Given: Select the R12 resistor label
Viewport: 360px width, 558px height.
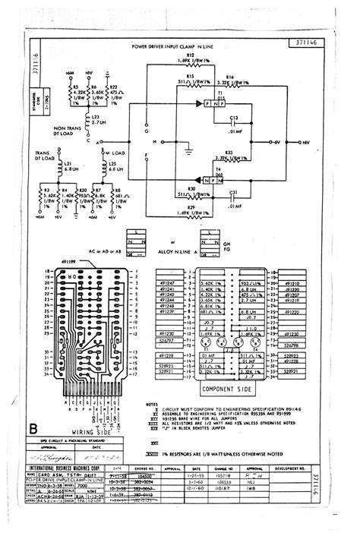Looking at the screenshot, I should [190, 55].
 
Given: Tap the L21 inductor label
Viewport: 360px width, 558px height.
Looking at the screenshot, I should [68, 163].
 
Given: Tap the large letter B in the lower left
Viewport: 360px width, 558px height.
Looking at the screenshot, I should [32, 430].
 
